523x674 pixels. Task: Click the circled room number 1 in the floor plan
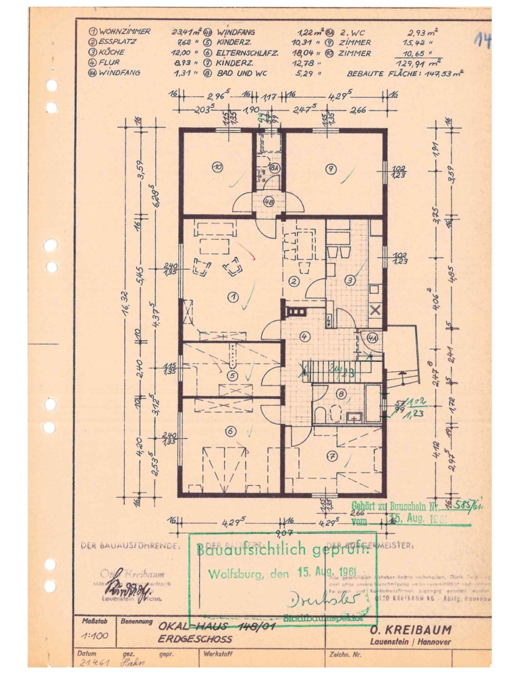pos(233,295)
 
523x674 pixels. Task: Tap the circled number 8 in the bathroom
pos(341,394)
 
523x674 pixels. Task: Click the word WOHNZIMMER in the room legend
pos(125,32)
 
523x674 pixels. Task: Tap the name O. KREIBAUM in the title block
pos(412,630)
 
